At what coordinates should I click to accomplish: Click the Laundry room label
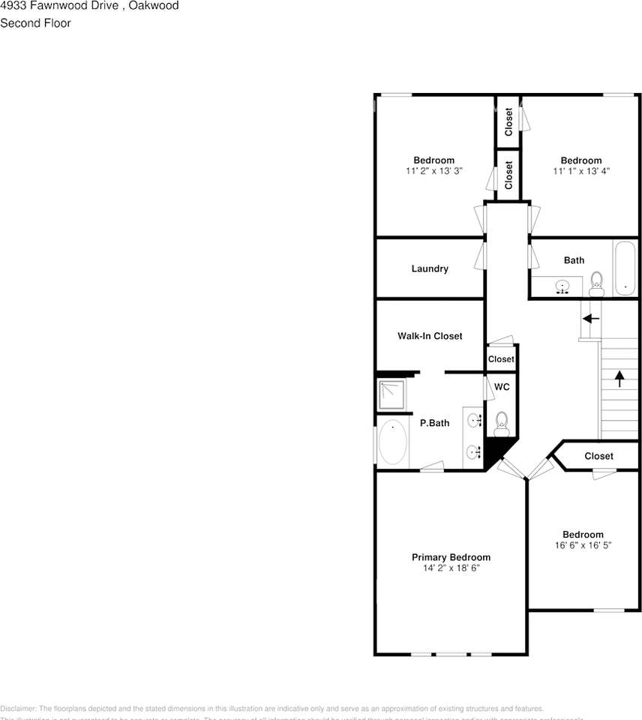430,268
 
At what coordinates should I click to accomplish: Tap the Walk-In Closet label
430,336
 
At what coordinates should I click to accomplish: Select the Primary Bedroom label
451,557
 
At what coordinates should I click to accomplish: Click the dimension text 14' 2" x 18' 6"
451,568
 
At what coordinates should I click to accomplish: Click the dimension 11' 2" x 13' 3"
433,171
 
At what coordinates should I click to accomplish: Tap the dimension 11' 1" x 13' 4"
581,171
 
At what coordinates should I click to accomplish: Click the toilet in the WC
502,424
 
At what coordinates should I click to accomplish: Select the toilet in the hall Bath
597,281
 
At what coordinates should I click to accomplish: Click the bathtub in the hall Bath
625,268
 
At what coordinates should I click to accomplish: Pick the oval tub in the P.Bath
392,442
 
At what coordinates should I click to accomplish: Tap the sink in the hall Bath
562,286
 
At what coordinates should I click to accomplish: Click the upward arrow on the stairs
619,378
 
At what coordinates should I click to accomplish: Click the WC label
502,387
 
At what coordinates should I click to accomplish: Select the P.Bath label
434,423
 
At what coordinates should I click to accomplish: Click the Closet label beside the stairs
598,456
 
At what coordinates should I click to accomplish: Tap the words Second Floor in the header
35,23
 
